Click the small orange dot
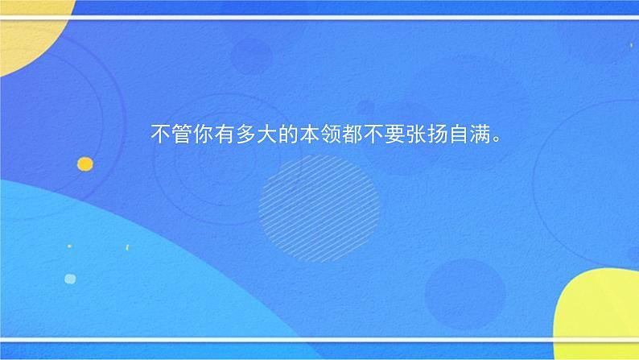85,164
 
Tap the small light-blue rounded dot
70,279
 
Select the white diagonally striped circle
319,198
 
